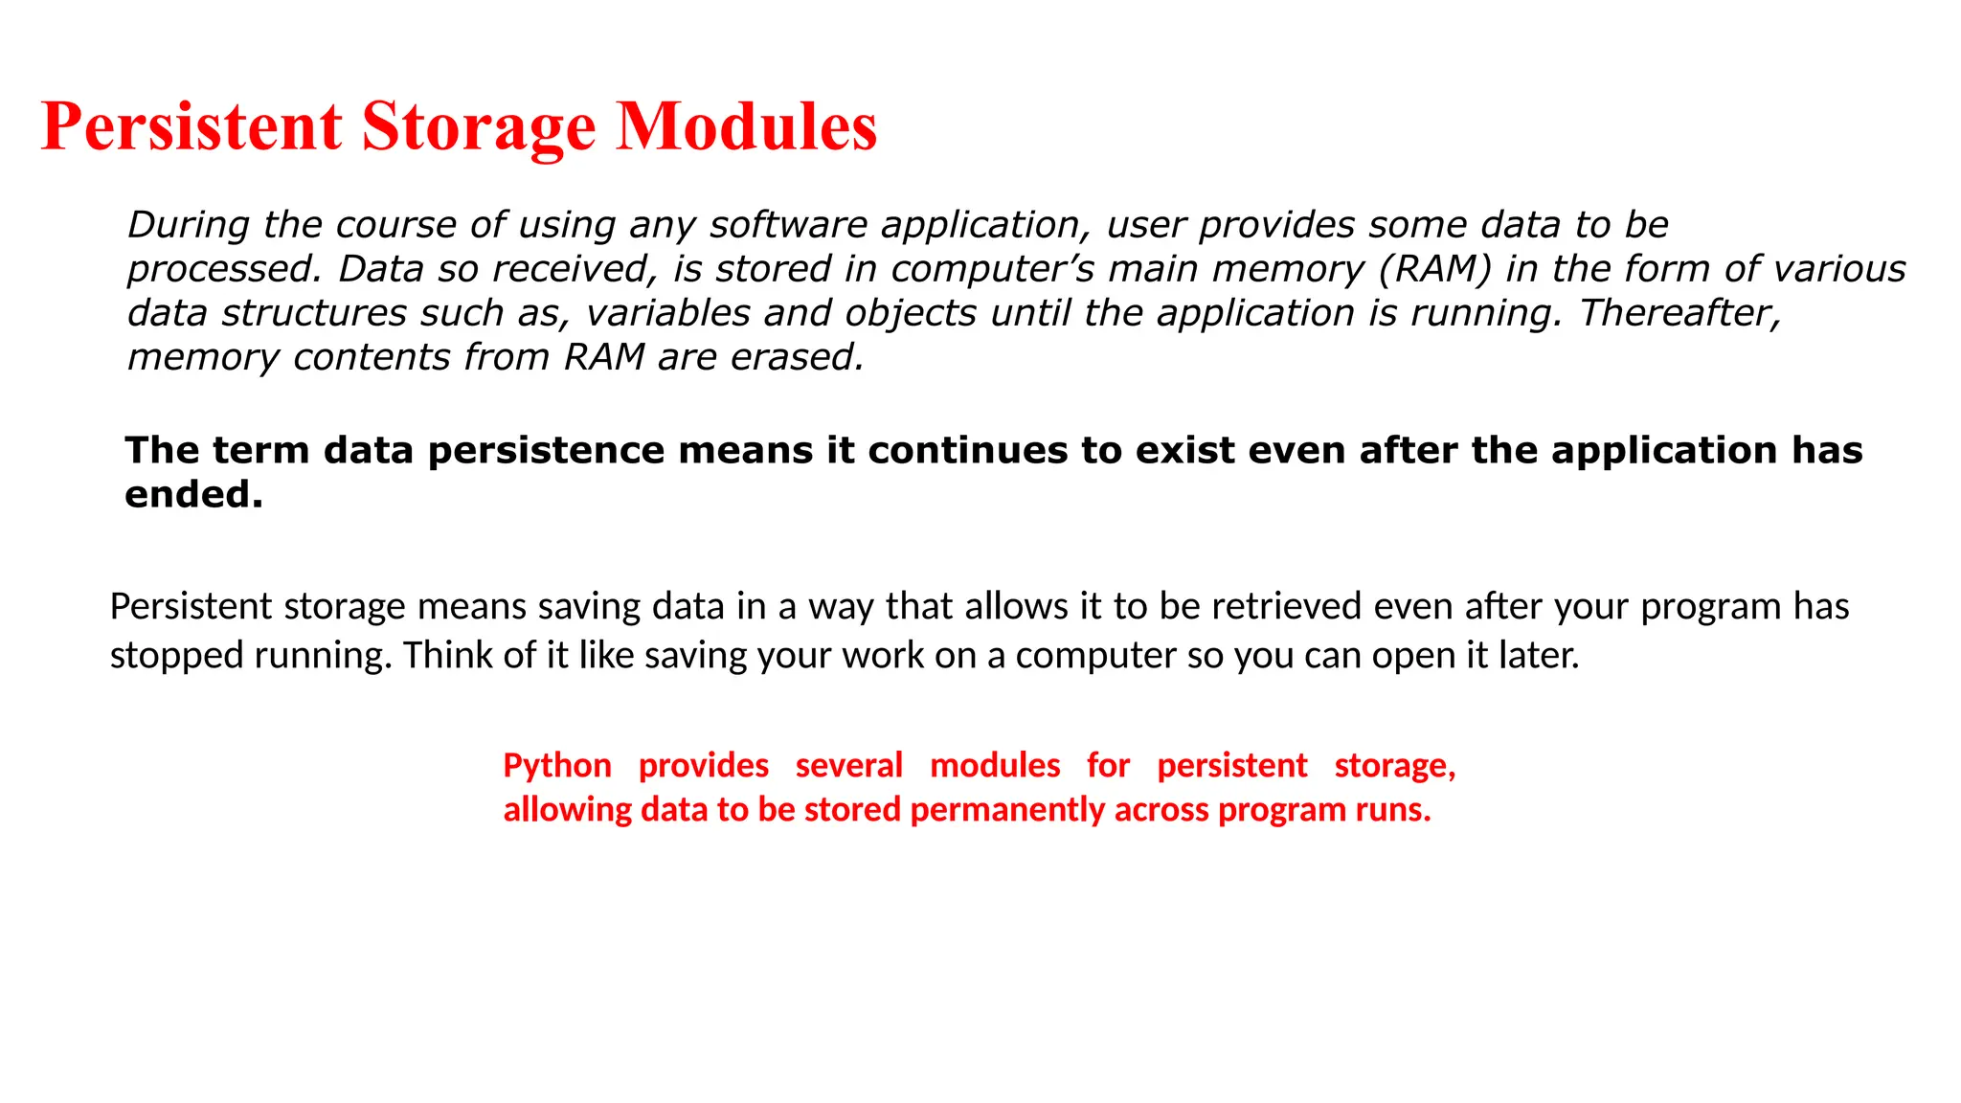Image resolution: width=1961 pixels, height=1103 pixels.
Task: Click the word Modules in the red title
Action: [x=746, y=126]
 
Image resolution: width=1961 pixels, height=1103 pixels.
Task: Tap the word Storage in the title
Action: [x=478, y=128]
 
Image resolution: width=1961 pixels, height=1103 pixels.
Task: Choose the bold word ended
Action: [x=193, y=495]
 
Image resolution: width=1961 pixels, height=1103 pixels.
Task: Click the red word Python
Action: [x=557, y=766]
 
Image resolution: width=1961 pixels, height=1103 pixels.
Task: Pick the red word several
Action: [x=848, y=766]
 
